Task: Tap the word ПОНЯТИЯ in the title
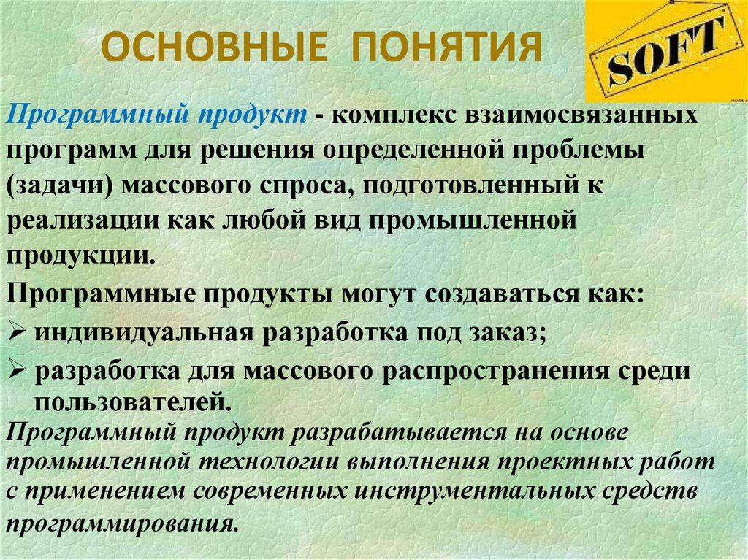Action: pyautogui.click(x=449, y=47)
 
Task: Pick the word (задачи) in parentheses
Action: pyautogui.click(x=59, y=184)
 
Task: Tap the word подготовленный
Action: pyautogui.click(x=476, y=184)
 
